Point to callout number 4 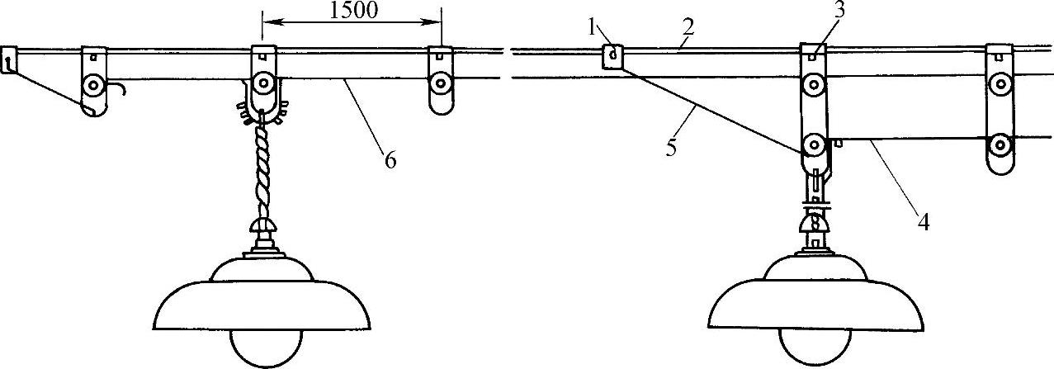pyautogui.click(x=925, y=221)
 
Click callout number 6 pyautogui.click(x=389, y=159)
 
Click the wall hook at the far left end pyautogui.click(x=8, y=60)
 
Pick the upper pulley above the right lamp pyautogui.click(x=815, y=83)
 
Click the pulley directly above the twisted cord pyautogui.click(x=264, y=83)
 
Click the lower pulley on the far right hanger pyautogui.click(x=1000, y=146)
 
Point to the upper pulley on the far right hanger pyautogui.click(x=1001, y=83)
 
